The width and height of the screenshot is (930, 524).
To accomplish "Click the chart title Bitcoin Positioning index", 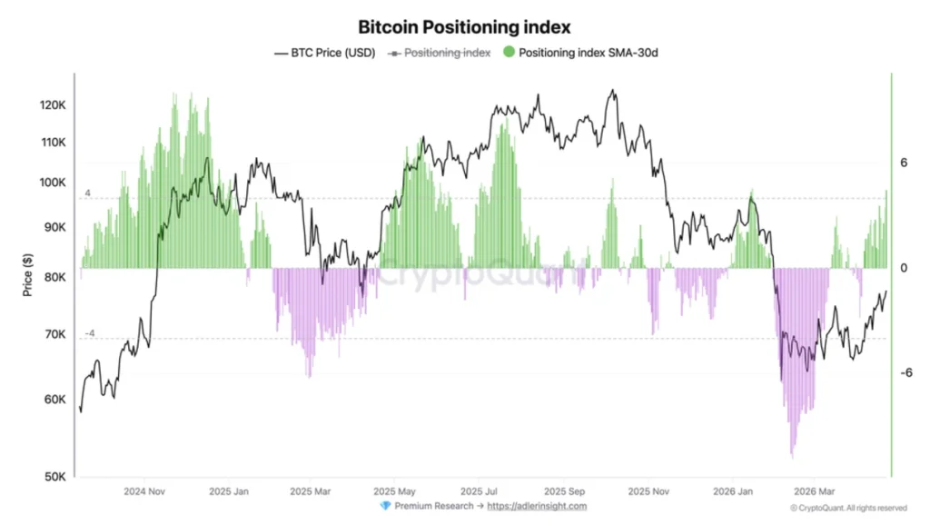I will (x=464, y=27).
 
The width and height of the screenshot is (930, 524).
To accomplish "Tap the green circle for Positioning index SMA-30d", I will (x=509, y=53).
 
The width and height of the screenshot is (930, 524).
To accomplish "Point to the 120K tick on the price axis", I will (x=54, y=105).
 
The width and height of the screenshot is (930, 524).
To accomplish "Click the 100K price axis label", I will (x=54, y=183).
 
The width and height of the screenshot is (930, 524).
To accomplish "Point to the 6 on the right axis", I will (x=904, y=163).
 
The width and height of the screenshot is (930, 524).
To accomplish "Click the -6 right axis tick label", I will (x=905, y=372).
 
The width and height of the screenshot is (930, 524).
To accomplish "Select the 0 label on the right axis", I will (x=904, y=268).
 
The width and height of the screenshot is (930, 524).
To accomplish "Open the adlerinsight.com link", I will (x=537, y=506).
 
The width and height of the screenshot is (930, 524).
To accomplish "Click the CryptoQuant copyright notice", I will (x=847, y=508).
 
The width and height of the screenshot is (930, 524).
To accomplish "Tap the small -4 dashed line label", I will (x=90, y=333).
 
